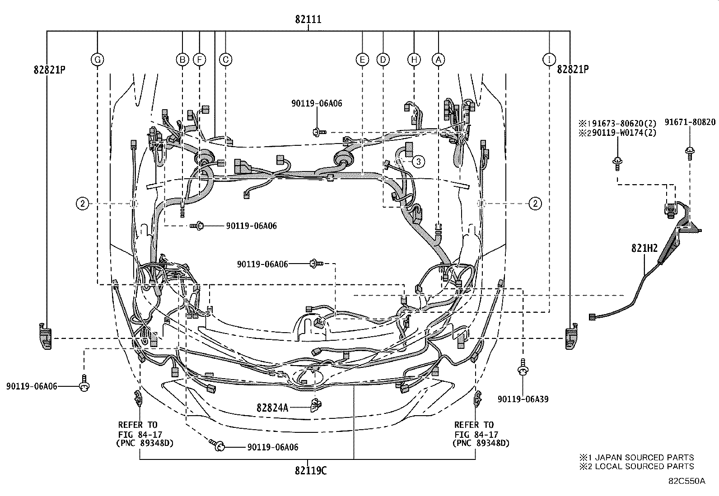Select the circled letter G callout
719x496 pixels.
coord(97,59)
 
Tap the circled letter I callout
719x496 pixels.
coord(549,59)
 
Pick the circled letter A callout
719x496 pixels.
coord(438,59)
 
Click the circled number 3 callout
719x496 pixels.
coord(418,161)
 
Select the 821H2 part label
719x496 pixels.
coord(644,248)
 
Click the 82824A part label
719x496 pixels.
coord(272,408)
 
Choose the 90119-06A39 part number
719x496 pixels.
coord(523,399)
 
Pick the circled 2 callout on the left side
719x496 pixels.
coord(82,204)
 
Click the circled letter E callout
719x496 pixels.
coord(362,59)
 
